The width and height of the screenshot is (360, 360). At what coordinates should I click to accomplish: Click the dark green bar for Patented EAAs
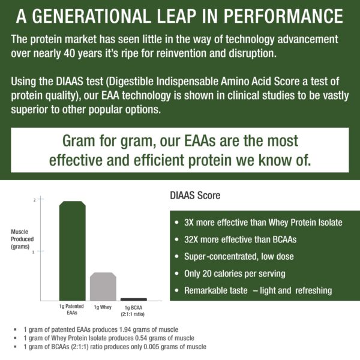pyautogui.click(x=72, y=251)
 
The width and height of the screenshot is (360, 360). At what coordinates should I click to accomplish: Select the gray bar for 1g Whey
pyautogui.click(x=103, y=286)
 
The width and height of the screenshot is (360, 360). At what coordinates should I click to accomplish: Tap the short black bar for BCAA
pyautogui.click(x=133, y=299)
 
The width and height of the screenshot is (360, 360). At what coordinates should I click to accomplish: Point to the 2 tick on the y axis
pyautogui.click(x=34, y=199)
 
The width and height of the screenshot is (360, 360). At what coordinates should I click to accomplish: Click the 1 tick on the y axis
pyautogui.click(x=34, y=252)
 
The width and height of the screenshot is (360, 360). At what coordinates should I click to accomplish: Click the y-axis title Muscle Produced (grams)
pyautogui.click(x=23, y=238)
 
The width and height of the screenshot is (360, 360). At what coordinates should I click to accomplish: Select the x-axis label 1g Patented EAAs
pyautogui.click(x=71, y=310)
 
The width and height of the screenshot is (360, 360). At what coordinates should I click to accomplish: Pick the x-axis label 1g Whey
pyautogui.click(x=103, y=307)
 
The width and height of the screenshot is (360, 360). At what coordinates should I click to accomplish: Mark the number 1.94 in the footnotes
pyautogui.click(x=136, y=330)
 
